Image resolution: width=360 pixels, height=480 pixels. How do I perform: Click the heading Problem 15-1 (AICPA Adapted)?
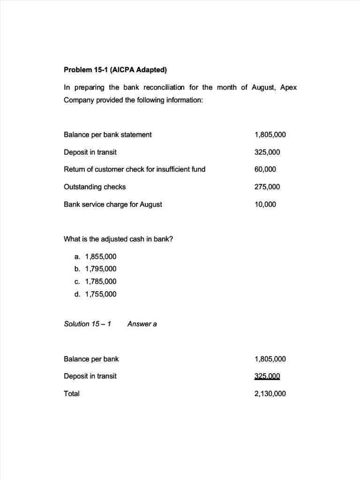tap(115, 70)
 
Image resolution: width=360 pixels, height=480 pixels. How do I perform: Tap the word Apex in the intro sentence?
tap(288, 88)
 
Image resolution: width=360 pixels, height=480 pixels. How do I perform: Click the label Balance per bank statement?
tap(107, 135)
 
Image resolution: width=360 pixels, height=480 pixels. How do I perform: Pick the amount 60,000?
tap(265, 169)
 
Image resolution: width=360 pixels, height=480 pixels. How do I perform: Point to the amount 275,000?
tap(267, 187)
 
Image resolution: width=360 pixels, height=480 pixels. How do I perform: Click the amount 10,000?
tap(265, 204)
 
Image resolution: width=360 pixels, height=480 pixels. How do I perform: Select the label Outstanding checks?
tap(95, 187)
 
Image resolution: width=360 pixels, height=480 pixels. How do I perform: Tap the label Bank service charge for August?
tap(112, 204)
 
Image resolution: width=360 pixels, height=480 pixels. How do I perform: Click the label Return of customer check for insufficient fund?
tap(134, 169)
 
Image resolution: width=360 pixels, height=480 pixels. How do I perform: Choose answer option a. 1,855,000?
tap(95, 256)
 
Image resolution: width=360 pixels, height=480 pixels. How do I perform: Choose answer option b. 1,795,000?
tap(95, 269)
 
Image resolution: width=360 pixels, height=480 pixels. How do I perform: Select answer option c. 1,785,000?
tap(95, 281)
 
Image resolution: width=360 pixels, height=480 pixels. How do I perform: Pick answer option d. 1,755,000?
tap(95, 294)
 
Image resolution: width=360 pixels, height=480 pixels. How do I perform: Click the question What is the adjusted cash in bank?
tap(118, 239)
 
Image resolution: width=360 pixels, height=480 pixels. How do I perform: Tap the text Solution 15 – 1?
tap(87, 324)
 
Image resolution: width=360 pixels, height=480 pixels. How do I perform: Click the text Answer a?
tap(142, 324)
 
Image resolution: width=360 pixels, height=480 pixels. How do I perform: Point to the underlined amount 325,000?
tap(267, 376)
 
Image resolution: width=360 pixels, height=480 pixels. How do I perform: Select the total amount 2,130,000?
tap(270, 394)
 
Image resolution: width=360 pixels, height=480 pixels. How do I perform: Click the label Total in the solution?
tap(72, 394)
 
